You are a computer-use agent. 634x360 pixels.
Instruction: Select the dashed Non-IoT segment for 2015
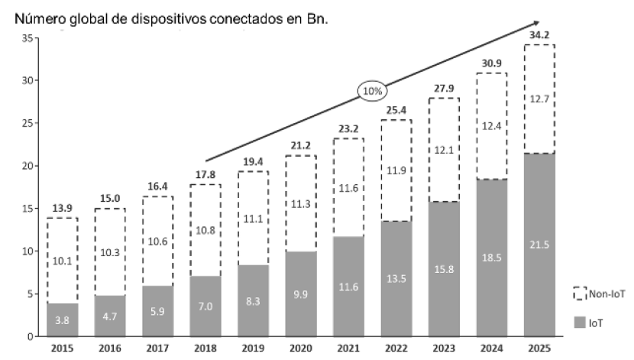click(x=63, y=261)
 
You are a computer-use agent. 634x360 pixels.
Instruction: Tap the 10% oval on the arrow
click(x=372, y=91)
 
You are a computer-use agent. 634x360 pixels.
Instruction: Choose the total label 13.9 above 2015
click(x=63, y=208)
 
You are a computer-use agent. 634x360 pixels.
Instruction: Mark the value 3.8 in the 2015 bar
click(x=63, y=322)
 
